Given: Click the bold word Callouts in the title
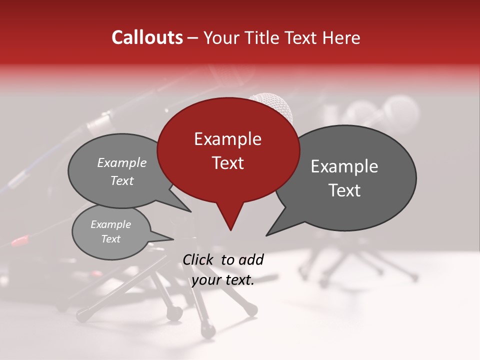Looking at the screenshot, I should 147,38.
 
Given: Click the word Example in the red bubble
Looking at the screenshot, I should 227,139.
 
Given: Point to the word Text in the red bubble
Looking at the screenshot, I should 227,163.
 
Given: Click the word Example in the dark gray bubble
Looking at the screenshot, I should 344,166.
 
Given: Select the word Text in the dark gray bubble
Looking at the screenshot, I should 344,190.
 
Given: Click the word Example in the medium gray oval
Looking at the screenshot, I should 121,163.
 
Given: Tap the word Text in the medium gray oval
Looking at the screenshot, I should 121,181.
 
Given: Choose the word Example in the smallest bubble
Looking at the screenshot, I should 110,224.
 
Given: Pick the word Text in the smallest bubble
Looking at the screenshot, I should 110,239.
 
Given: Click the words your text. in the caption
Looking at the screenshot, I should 223,280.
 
